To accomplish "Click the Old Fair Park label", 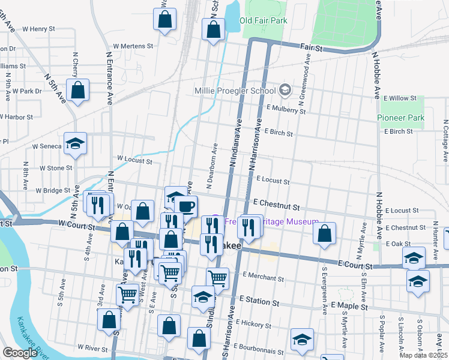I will pyautogui.click(x=263, y=20).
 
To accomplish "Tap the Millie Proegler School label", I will pyautogui.click(x=235, y=91).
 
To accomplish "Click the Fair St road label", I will pyautogui.click(x=312, y=46).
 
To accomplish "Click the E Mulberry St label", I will pyautogui.click(x=291, y=110).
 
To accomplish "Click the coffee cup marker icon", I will pyautogui.click(x=186, y=207).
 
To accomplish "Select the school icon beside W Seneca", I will pyautogui.click(x=75, y=143).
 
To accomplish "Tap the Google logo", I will pyautogui.click(x=20, y=353).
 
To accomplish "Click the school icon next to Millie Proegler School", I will pyautogui.click(x=285, y=91).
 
